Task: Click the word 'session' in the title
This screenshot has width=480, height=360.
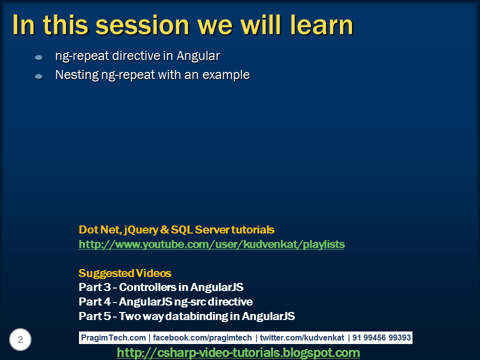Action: tap(142, 25)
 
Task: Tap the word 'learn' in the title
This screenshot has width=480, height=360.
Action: tap(321, 25)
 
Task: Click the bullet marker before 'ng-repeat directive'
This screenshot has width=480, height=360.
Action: tap(38, 57)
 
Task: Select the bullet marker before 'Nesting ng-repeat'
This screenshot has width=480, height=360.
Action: tap(38, 76)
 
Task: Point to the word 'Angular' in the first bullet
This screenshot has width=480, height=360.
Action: tap(198, 56)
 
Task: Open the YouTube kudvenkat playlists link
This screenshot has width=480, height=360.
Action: tap(211, 244)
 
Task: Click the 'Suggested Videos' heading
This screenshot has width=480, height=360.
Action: tap(125, 273)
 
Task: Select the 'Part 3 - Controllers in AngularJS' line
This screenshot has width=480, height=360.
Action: tap(161, 287)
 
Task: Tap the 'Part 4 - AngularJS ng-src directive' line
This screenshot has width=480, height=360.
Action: tap(165, 302)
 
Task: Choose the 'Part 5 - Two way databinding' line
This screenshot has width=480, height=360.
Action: tap(186, 316)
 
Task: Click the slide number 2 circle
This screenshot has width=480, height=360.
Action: tap(20, 339)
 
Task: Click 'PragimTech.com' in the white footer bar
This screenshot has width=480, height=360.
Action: tap(113, 337)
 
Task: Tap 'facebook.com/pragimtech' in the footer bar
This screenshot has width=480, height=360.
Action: tap(202, 337)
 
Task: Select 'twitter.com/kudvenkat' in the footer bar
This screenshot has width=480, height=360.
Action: tap(302, 337)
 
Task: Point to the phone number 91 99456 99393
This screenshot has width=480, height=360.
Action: tap(381, 337)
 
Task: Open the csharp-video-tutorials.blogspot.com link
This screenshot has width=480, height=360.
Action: tap(238, 352)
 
